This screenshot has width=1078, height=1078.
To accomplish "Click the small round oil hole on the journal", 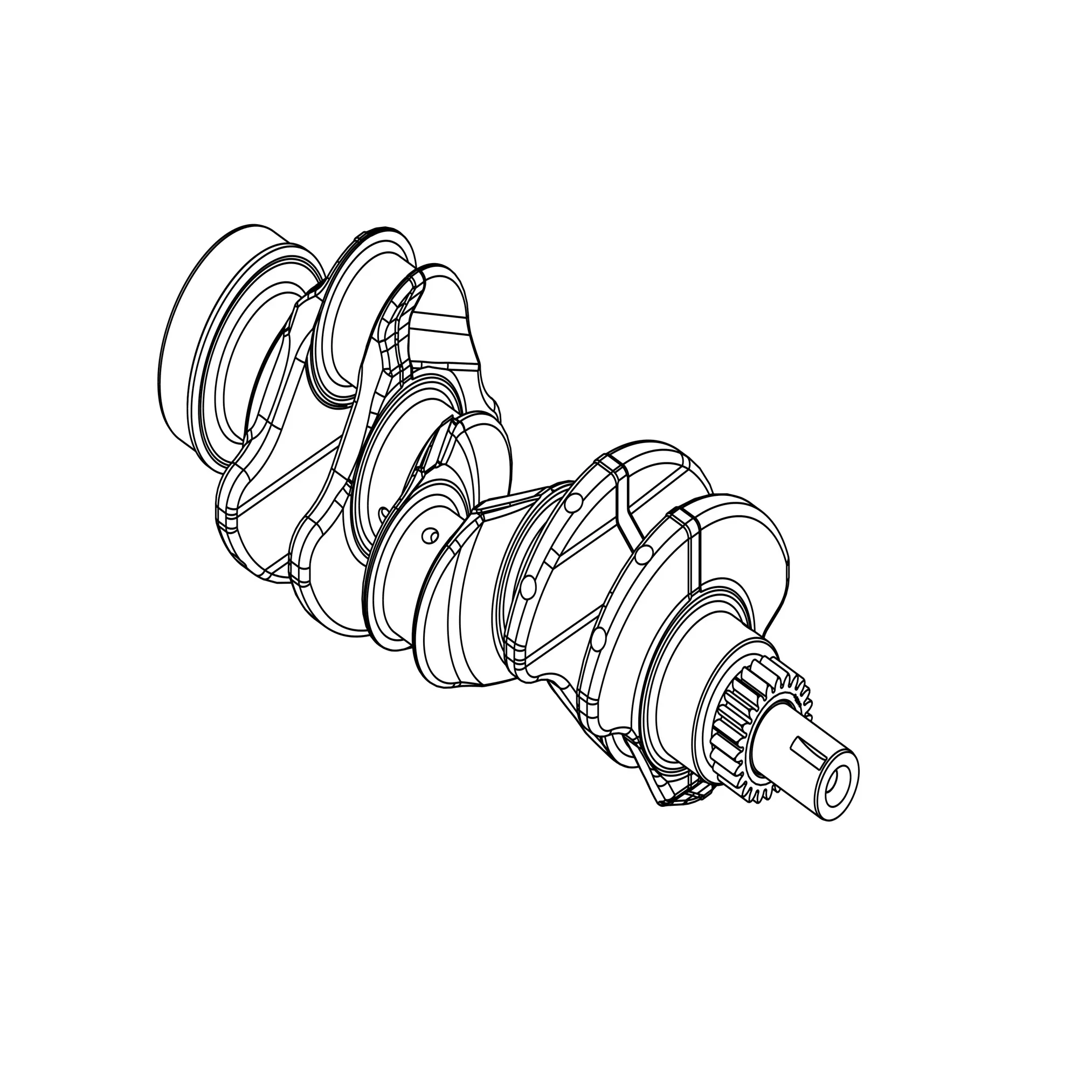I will pos(429,536).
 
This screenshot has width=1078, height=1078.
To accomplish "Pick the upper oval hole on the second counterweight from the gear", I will pos(570,503).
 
